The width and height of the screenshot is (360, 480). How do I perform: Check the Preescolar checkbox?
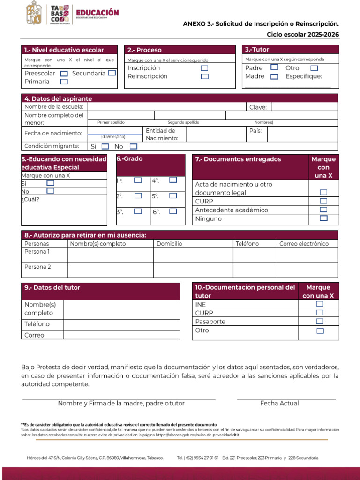tap(64, 73)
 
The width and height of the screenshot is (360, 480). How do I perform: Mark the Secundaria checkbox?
tap(112, 73)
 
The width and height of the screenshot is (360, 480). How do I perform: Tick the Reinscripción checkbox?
tap(204, 76)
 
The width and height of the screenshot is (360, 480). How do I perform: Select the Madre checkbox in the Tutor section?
tap(275, 76)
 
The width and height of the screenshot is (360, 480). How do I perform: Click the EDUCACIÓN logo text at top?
tap(97, 13)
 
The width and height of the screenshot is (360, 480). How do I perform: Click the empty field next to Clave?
tap(304, 107)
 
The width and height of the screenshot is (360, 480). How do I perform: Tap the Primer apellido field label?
tap(111, 122)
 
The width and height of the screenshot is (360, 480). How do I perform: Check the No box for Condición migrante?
tap(134, 146)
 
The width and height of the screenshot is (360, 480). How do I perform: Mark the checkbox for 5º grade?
tap(173, 195)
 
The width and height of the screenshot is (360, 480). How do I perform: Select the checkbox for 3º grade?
tap(138, 211)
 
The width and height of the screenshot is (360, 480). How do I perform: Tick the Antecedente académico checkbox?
tap(323, 210)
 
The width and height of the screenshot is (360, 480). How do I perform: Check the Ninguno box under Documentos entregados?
tap(323, 218)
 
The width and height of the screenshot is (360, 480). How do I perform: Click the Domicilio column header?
tap(169, 243)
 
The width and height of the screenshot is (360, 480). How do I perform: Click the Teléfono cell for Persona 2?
tap(255, 270)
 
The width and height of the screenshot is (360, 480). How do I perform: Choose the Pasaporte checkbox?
tap(320, 321)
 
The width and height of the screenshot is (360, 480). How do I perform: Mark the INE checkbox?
tap(320, 304)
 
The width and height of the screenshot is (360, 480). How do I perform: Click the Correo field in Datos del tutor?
tap(121, 335)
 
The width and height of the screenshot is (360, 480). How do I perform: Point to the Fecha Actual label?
tap(279, 403)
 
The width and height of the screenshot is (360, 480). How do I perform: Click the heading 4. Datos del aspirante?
tap(58, 98)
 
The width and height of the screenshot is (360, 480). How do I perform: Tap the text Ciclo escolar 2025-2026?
tap(303, 34)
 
